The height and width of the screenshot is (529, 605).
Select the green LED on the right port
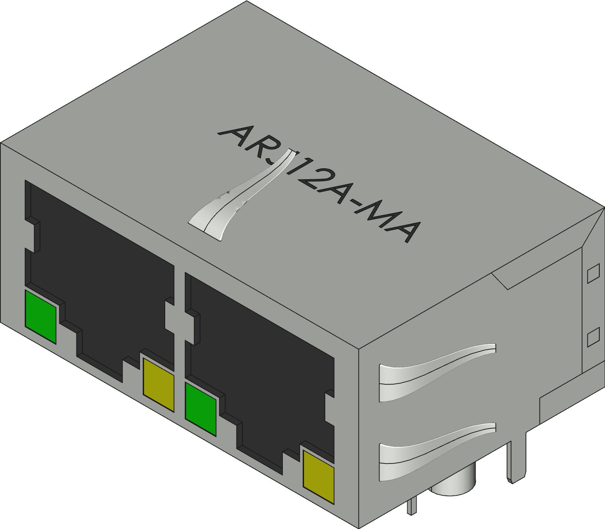[201, 409]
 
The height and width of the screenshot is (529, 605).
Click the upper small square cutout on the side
[593, 273]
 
